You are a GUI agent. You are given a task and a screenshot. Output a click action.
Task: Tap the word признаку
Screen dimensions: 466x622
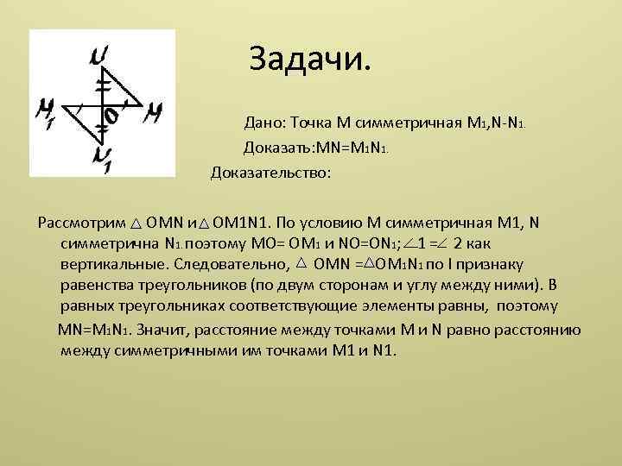tap(496, 264)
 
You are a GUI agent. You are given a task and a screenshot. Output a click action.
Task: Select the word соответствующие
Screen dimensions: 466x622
tap(300, 306)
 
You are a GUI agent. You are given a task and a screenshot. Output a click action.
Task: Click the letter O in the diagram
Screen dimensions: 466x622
tap(111, 115)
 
